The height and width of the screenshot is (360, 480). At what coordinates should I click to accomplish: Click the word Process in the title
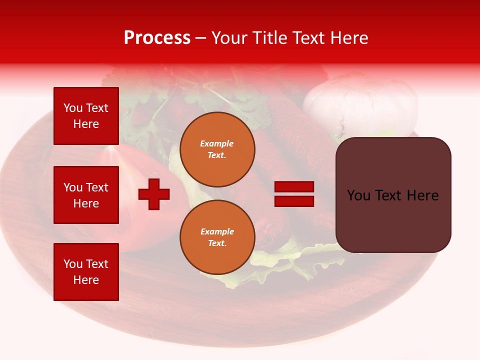(x=157, y=38)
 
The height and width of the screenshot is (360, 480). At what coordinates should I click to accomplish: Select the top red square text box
(x=86, y=116)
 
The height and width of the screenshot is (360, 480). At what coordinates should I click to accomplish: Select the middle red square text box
(x=86, y=195)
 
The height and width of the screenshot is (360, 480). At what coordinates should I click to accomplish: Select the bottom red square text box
(x=86, y=271)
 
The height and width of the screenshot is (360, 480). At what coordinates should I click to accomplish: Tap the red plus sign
(x=154, y=194)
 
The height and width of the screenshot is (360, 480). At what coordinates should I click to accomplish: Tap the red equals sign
(x=294, y=194)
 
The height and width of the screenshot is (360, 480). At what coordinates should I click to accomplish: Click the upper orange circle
(x=217, y=149)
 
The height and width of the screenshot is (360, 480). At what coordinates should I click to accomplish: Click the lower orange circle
(x=217, y=237)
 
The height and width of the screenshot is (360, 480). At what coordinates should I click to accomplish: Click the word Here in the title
(x=349, y=38)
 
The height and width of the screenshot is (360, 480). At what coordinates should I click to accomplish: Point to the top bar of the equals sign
(x=294, y=187)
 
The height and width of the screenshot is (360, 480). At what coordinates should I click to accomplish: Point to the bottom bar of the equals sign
(x=294, y=201)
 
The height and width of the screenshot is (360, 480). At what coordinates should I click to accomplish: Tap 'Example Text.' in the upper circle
(x=217, y=149)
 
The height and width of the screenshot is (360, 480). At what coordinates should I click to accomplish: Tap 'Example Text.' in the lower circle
(x=217, y=237)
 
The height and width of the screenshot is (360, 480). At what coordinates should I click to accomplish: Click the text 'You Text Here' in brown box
(x=393, y=195)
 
